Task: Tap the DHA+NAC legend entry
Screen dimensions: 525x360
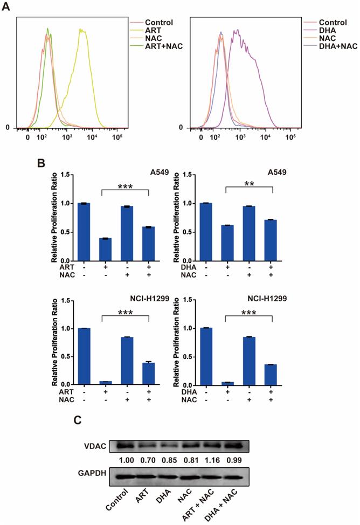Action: (x=322, y=47)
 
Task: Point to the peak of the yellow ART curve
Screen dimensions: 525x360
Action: (x=81, y=30)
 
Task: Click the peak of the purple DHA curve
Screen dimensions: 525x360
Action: (x=236, y=31)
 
